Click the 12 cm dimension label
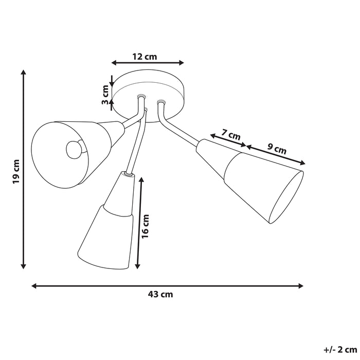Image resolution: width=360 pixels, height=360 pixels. [148, 56]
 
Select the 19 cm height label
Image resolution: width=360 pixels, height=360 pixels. [16, 171]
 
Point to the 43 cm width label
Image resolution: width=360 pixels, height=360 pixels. [160, 295]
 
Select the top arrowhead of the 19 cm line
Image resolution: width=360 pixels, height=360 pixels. [23, 72]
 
